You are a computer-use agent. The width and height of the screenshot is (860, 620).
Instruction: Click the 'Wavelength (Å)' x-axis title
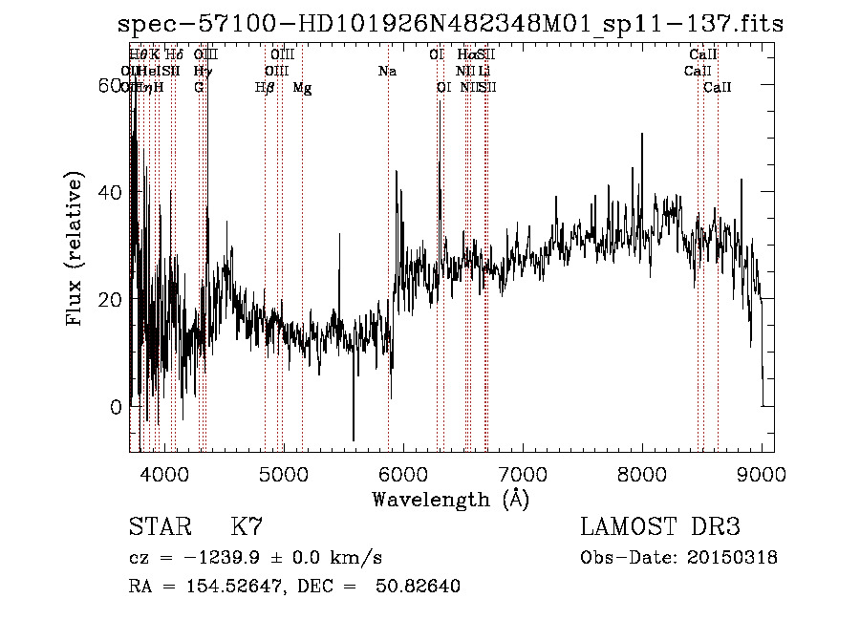tap(450, 499)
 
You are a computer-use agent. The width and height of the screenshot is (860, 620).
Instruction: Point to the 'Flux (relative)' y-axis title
tap(75, 249)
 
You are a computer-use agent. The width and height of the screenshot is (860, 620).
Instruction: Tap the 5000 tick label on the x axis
tap(283, 473)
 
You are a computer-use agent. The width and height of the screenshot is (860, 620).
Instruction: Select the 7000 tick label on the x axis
tap(523, 473)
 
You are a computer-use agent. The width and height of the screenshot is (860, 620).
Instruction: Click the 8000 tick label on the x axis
tap(642, 473)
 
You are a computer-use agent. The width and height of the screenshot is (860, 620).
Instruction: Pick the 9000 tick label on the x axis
tap(762, 473)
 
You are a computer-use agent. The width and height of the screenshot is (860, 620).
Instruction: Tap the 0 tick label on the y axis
tap(117, 407)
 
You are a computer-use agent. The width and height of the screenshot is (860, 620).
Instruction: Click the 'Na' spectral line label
tap(386, 72)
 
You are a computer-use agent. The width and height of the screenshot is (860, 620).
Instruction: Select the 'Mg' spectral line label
tap(302, 88)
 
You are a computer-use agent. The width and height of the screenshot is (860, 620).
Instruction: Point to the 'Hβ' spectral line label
tap(265, 88)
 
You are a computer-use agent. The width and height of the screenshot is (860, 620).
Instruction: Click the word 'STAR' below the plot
tap(159, 527)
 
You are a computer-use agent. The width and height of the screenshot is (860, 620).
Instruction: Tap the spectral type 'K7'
tap(247, 527)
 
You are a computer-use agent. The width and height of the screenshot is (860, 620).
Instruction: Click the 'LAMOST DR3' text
tap(660, 527)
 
